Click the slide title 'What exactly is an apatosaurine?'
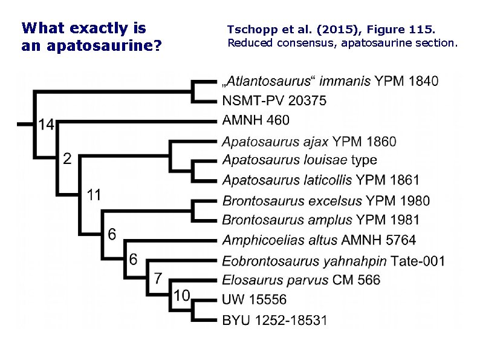[91, 36]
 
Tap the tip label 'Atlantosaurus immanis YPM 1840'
[330, 82]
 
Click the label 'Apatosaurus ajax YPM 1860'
[310, 142]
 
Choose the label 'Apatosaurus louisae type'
[300, 160]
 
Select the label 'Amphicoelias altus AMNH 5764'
[319, 240]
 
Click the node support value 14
[47, 124]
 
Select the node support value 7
[158, 278]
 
